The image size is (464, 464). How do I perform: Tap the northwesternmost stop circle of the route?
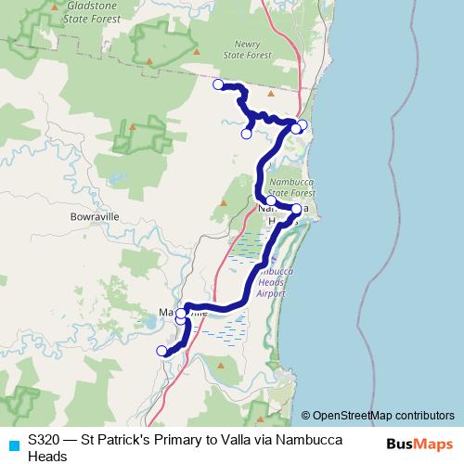point(218,84)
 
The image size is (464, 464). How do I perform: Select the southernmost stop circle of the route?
point(161,351)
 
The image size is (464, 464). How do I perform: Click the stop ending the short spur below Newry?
point(246,134)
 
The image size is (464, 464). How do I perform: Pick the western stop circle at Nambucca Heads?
point(270,200)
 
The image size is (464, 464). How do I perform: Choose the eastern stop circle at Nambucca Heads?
point(296,209)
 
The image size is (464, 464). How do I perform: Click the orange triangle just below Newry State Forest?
point(271,93)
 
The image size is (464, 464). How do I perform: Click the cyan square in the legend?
point(13,445)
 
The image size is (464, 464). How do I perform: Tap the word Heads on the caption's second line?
point(47,456)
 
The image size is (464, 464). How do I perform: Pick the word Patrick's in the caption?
point(122,438)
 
